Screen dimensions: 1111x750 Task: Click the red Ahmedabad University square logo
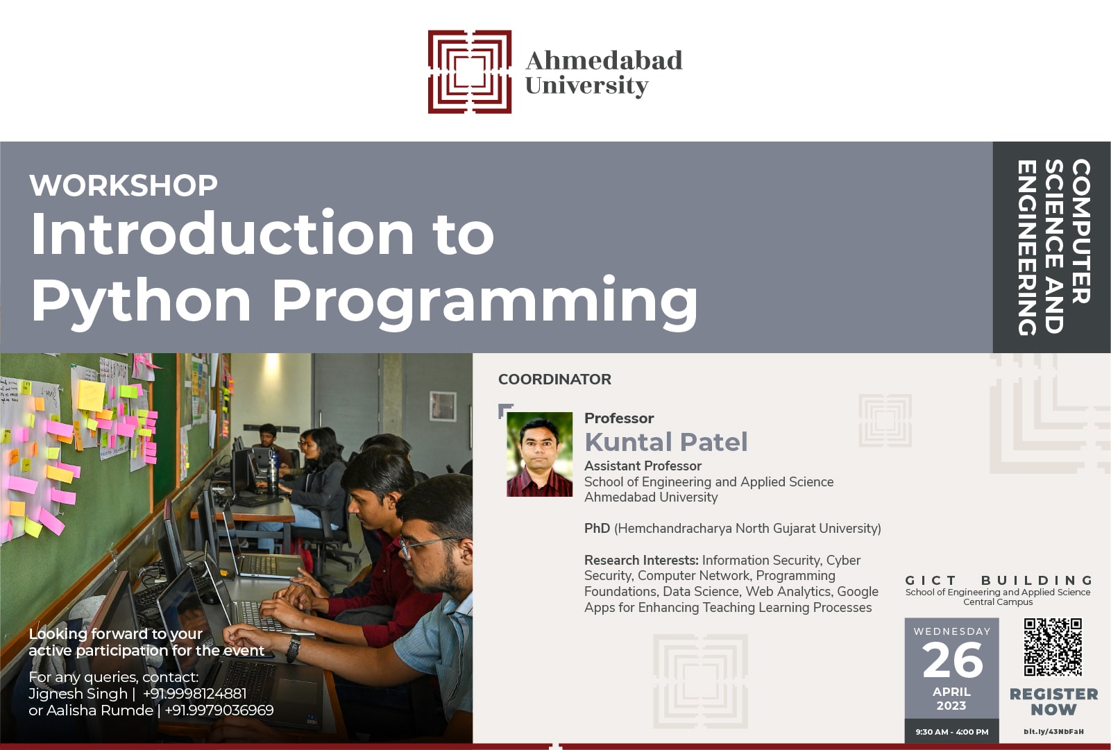click(470, 72)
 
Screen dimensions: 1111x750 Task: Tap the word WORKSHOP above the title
click(124, 185)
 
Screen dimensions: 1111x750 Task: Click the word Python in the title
click(142, 302)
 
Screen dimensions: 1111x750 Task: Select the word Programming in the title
click(485, 302)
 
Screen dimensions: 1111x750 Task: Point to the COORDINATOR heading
click(554, 380)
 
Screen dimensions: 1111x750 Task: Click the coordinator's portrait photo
click(540, 454)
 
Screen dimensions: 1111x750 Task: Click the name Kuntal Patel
click(665, 442)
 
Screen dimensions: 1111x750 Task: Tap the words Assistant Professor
click(643, 466)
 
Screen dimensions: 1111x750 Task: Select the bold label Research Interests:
click(641, 560)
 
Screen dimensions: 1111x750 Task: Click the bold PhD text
click(597, 528)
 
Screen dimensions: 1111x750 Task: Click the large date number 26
click(952, 660)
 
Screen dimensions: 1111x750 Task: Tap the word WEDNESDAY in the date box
click(952, 631)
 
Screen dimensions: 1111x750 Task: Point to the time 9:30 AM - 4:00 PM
click(952, 732)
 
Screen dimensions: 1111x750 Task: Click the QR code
click(1053, 647)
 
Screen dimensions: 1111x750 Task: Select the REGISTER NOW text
click(1054, 701)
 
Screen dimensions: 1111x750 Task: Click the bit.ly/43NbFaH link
click(1053, 732)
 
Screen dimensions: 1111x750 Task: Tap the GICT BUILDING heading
click(999, 580)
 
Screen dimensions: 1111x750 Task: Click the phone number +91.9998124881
click(194, 693)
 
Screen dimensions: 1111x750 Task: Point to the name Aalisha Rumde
click(100, 710)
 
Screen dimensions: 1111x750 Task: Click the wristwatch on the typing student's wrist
click(293, 647)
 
